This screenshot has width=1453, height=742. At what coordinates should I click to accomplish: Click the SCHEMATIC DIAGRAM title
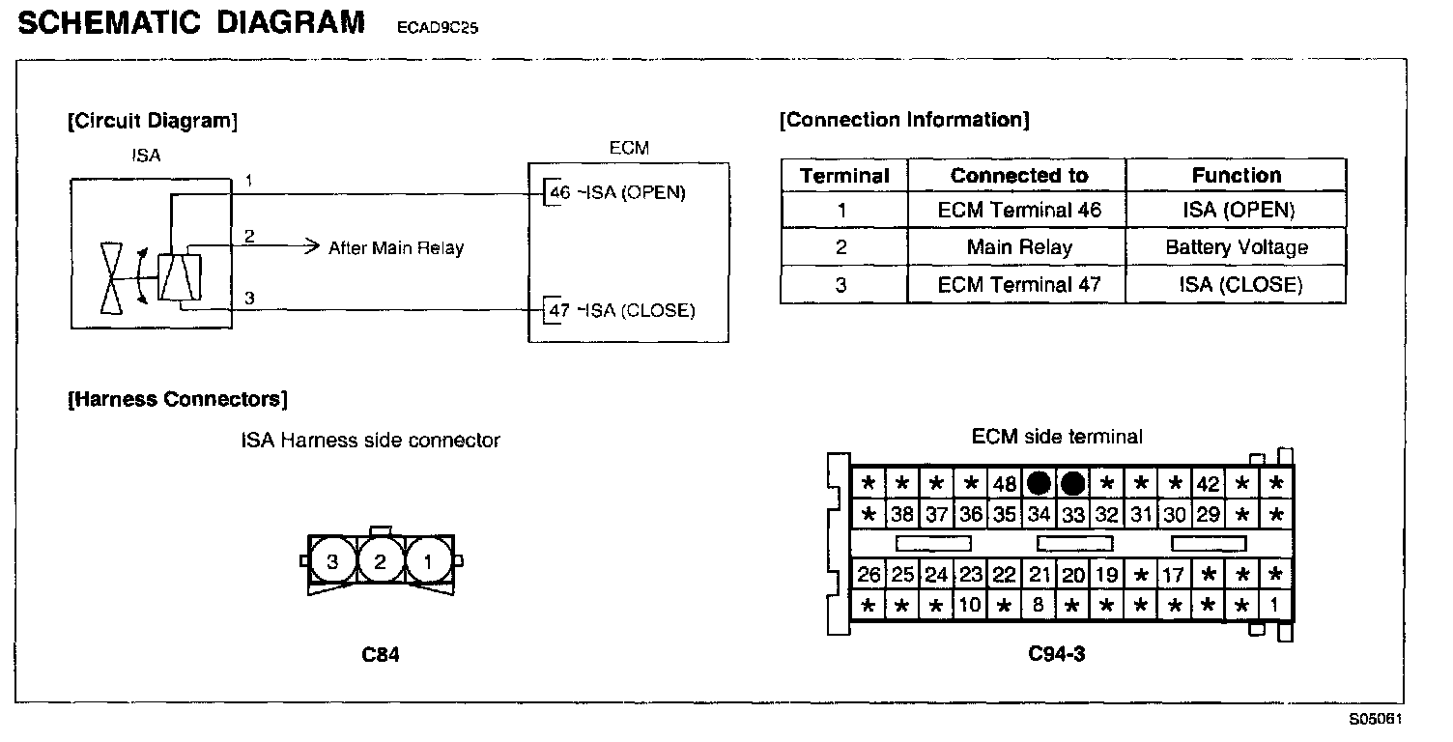[x=191, y=23]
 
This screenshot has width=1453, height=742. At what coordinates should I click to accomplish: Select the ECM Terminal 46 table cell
[x=1018, y=210]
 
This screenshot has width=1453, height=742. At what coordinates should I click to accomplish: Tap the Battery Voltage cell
[x=1236, y=247]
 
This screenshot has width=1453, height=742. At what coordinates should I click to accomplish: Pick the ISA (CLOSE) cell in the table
[x=1236, y=285]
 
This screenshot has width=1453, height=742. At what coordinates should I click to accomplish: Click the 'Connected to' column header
[x=1018, y=176]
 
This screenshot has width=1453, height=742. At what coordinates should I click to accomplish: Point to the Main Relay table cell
[x=1018, y=247]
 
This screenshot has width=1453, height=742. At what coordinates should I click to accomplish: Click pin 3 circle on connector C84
[x=332, y=560]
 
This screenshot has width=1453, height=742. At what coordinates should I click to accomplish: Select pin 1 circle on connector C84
[x=428, y=560]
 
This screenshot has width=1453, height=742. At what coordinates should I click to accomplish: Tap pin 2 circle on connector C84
[x=381, y=560]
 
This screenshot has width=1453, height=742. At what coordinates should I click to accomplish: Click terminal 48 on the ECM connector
[x=1005, y=484]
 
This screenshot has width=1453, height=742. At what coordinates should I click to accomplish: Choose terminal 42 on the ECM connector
[x=1209, y=484]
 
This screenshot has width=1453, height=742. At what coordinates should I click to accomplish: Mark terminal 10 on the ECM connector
[x=971, y=606]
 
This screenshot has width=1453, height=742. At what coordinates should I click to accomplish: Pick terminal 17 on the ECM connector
[x=1174, y=575]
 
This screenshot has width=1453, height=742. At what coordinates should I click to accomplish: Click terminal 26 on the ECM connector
[x=869, y=575]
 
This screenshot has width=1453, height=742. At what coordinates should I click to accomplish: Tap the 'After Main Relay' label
[x=396, y=248]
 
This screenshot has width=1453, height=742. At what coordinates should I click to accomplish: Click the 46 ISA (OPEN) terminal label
[x=616, y=192]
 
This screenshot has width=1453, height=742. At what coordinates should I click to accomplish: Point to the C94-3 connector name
[x=1056, y=654]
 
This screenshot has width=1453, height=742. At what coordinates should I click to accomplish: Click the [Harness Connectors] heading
[x=178, y=399]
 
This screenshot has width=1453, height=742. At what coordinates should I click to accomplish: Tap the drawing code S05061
[x=1376, y=719]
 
